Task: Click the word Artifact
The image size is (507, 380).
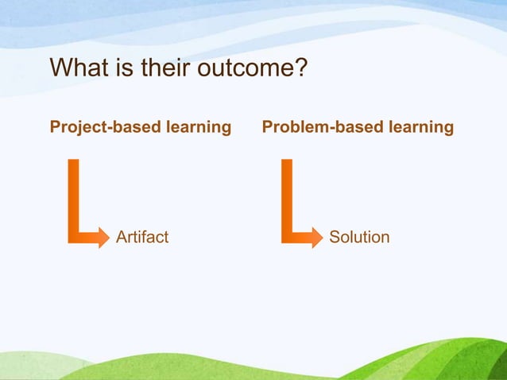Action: [x=142, y=237]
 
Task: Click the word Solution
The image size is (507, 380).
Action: [x=359, y=237]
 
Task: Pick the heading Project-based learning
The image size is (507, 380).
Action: [x=141, y=127]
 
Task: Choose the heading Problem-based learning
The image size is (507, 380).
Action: [x=358, y=127]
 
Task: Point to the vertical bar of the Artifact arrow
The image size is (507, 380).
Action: [x=74, y=195]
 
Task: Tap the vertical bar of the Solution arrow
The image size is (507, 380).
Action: [x=287, y=195]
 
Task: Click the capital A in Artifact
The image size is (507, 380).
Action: [x=122, y=237]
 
